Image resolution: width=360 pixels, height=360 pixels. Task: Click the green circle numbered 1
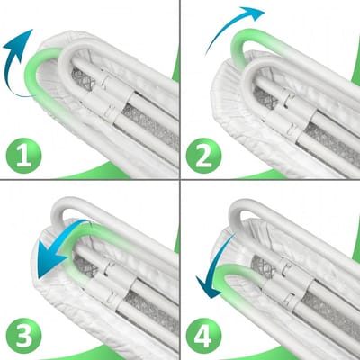click(x=23, y=156)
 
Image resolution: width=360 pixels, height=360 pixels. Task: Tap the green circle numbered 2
click(x=203, y=156)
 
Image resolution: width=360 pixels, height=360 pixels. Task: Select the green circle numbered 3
click(x=23, y=336)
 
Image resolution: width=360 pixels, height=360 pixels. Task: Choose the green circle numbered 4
click(x=203, y=336)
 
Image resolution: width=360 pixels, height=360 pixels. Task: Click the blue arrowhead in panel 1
click(x=21, y=43)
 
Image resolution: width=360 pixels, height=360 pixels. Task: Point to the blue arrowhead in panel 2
click(x=254, y=13)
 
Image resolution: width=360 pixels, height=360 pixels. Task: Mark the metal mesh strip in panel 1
click(x=150, y=126)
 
